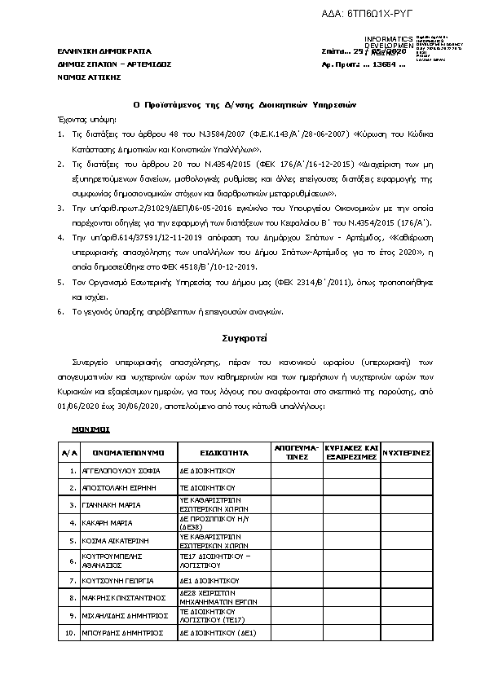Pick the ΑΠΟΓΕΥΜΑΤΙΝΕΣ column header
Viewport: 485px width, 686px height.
pyautogui.click(x=296, y=452)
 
